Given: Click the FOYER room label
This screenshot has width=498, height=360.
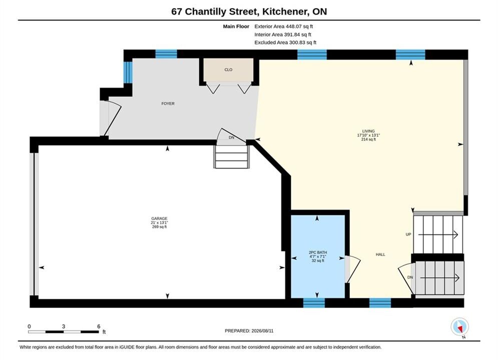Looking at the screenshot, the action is (168, 103).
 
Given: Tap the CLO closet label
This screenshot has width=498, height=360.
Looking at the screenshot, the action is (228, 70).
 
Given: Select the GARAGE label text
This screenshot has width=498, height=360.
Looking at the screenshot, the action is (159, 218).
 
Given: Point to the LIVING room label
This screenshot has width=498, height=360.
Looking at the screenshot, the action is (368, 131).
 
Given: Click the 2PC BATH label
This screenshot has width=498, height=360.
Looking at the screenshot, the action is (318, 252).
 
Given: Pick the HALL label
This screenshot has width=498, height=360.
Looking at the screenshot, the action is (380, 254).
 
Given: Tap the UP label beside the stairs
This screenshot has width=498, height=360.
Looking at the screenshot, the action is (408, 234).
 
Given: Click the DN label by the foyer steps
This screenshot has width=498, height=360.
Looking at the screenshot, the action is (232, 137).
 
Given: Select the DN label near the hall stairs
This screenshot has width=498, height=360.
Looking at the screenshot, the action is (410, 277).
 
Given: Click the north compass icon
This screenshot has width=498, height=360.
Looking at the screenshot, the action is (459, 326).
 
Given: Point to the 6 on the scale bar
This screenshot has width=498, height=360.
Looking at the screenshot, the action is (99, 326).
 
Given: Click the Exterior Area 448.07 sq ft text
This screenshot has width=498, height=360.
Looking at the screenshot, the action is (284, 26).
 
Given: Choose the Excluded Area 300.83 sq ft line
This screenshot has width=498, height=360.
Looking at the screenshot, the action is (285, 42).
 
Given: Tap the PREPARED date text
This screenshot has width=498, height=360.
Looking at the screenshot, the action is (249, 331).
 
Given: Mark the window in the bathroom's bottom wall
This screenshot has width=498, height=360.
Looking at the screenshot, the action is (314, 303).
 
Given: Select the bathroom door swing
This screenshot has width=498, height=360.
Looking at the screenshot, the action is (352, 269).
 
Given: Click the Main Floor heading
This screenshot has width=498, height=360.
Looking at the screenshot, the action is (236, 26).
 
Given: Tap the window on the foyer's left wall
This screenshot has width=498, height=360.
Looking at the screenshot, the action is (128, 72).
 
